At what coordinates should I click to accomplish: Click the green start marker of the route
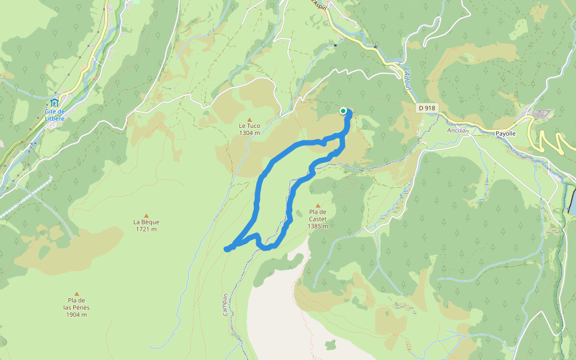[x=343, y=110]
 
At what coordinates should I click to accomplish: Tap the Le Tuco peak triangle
[x=250, y=119]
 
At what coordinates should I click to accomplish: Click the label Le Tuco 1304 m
[x=250, y=129]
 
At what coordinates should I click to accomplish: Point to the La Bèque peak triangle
[x=146, y=215]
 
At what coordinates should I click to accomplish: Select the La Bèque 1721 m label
[x=146, y=225]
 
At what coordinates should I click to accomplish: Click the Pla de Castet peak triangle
[x=317, y=205]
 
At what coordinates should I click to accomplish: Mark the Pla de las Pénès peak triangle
[x=77, y=294]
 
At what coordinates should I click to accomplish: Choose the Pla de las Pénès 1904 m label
[x=77, y=307]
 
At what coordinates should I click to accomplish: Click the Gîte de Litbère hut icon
[x=55, y=103]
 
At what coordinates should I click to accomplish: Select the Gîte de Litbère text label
[x=55, y=115]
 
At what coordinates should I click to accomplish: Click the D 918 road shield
[x=427, y=108]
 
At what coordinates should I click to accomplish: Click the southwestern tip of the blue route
[x=227, y=249]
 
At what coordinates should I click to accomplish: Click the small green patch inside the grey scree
[x=331, y=345]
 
